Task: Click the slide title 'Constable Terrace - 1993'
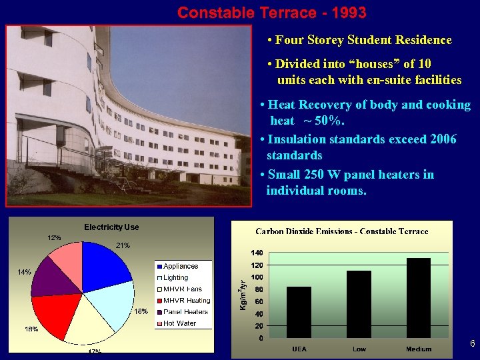[x=271, y=13]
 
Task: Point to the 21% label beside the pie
[x=123, y=246]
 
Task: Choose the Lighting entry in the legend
[x=176, y=277]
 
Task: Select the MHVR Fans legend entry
[x=183, y=289]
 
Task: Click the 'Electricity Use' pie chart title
[x=111, y=227]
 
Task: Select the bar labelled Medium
[x=419, y=297]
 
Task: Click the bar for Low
[x=359, y=304]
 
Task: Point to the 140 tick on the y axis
[x=256, y=253]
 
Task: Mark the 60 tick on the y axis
[x=257, y=301]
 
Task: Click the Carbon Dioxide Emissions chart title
[x=342, y=231]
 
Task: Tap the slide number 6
[x=472, y=344]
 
